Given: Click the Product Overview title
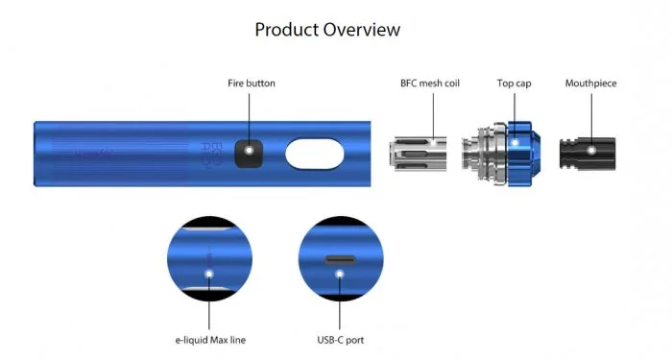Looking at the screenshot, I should [x=327, y=30].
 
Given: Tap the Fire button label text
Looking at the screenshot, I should [x=252, y=84].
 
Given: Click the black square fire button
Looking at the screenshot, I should [x=252, y=152].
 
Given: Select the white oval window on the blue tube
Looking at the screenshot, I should [x=315, y=154].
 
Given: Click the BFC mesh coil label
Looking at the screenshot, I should [x=429, y=84].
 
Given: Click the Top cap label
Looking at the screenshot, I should [x=514, y=84].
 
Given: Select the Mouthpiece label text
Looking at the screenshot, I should [x=590, y=84].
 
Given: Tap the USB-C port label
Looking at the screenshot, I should [x=341, y=340].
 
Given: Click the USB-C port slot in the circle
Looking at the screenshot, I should [x=340, y=259].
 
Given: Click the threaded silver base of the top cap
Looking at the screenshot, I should [x=483, y=152].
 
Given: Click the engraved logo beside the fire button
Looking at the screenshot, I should [x=216, y=151].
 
